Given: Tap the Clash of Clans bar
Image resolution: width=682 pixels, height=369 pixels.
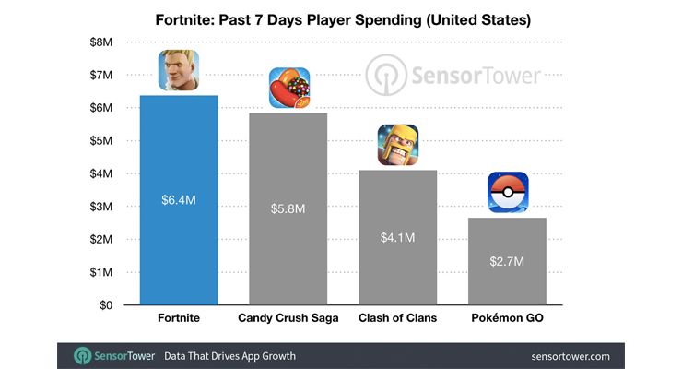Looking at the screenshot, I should [x=397, y=268].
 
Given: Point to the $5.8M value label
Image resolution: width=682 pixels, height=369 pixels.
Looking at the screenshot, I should [x=288, y=208].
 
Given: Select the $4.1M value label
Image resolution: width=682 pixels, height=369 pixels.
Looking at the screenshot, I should [x=397, y=237].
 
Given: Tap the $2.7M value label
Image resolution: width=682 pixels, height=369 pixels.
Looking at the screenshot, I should [x=507, y=261].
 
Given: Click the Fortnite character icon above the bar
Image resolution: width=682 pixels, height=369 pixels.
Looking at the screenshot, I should [x=179, y=70].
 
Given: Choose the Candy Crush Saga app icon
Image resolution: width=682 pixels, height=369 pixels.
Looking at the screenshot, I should [x=288, y=89].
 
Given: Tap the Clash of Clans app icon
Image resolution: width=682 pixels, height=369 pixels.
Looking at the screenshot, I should [x=397, y=145].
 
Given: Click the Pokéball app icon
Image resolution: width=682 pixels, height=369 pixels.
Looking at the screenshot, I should [x=508, y=193].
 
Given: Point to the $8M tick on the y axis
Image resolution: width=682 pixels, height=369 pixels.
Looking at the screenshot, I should [x=101, y=42].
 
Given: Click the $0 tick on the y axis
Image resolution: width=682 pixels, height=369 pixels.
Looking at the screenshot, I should [x=105, y=304].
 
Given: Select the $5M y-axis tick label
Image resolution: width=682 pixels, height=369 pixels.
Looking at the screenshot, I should [x=101, y=141].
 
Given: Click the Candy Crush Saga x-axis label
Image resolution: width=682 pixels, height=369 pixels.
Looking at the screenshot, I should [x=288, y=318].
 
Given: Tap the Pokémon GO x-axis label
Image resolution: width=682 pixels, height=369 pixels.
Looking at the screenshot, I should [x=507, y=318].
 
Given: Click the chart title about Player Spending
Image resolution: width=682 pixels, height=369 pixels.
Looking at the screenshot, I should [x=341, y=18].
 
